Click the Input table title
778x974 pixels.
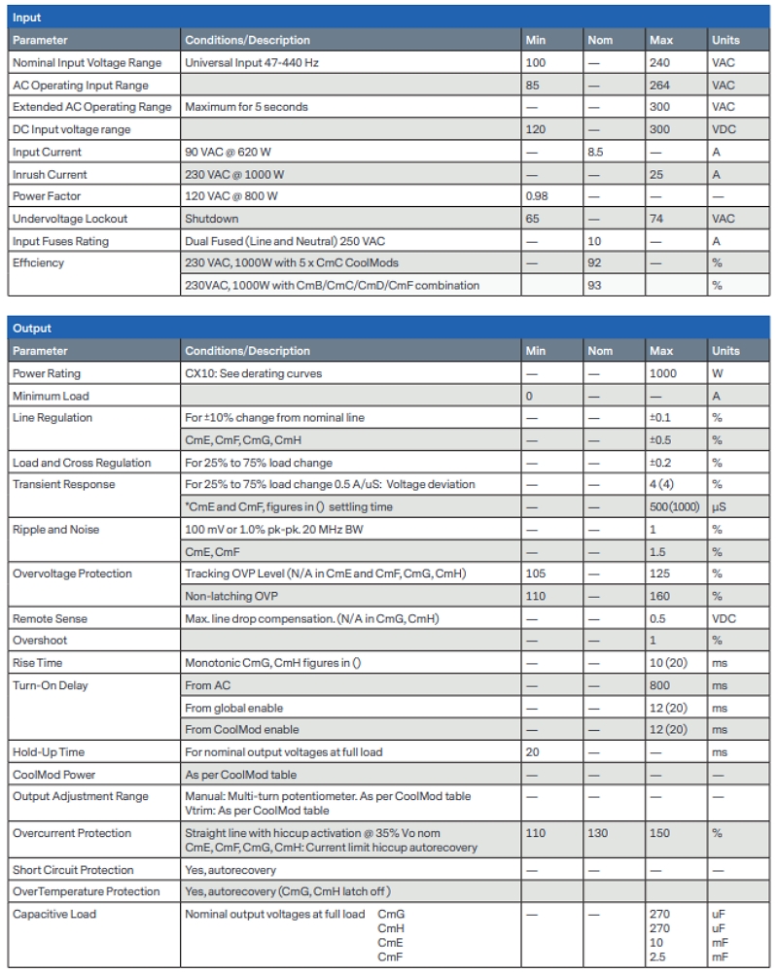27,17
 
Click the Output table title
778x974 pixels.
32,329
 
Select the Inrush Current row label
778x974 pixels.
50,175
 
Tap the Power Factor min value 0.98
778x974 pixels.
537,197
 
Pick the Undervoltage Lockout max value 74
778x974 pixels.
656,220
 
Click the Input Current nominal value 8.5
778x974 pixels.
596,153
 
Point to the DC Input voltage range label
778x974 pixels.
71,130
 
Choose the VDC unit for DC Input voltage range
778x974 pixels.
725,130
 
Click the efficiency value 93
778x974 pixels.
594,285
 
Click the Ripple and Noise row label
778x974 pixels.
56,530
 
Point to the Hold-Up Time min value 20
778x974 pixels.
533,752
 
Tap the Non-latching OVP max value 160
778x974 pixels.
659,596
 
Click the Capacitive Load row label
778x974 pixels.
54,914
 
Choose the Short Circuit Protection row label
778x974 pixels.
73,870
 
